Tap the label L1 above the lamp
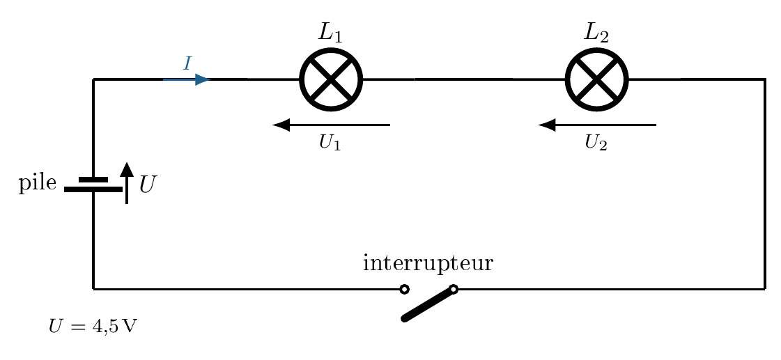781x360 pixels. pos(330,33)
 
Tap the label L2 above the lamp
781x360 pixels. pos(596,33)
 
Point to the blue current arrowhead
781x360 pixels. pos(202,79)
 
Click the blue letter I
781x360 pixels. pos(187,64)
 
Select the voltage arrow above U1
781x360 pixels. pos(331,125)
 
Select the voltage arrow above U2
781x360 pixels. pos(597,125)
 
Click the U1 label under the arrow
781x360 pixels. pos(330,143)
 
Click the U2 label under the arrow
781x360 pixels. pos(596,143)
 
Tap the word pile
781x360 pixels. pos(38,183)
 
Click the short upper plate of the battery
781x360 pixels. pos(93,179)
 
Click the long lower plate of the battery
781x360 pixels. pos(93,189)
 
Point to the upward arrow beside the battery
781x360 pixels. pos(127,182)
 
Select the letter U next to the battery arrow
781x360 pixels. pos(147,185)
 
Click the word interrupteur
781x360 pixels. pos(428,264)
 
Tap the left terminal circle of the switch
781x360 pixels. pos(405,289)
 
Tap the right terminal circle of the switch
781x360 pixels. pos(454,288)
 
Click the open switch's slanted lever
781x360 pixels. pos(429,304)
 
